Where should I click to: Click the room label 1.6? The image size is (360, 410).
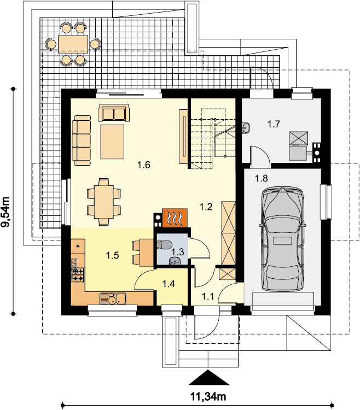pyautogui.click(x=144, y=165)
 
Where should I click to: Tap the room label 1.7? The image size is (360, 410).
pyautogui.click(x=274, y=124)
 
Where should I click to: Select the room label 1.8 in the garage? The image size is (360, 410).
pyautogui.click(x=262, y=178)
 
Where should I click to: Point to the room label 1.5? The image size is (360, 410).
pyautogui.click(x=113, y=255)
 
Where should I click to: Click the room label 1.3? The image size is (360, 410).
pyautogui.click(x=178, y=252)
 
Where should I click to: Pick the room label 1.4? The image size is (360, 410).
pyautogui.click(x=169, y=283)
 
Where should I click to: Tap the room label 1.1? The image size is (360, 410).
pyautogui.click(x=208, y=296)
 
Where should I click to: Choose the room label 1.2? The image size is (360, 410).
pyautogui.click(x=206, y=207)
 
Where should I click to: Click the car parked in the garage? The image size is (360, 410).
pyautogui.click(x=282, y=239)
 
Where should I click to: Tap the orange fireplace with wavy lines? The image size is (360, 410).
pyautogui.click(x=175, y=218)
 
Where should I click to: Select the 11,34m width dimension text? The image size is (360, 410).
pyautogui.click(x=208, y=397)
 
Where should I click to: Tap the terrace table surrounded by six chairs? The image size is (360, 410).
pyautogui.click(x=73, y=44)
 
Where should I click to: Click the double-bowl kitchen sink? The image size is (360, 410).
pyautogui.click(x=113, y=298)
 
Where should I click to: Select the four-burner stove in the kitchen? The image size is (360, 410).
pyautogui.click(x=78, y=275)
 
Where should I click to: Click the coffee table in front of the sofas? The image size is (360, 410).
pyautogui.click(x=113, y=142)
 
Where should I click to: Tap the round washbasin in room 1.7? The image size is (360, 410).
pyautogui.click(x=246, y=127)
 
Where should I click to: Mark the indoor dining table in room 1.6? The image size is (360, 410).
pyautogui.click(x=104, y=202)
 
